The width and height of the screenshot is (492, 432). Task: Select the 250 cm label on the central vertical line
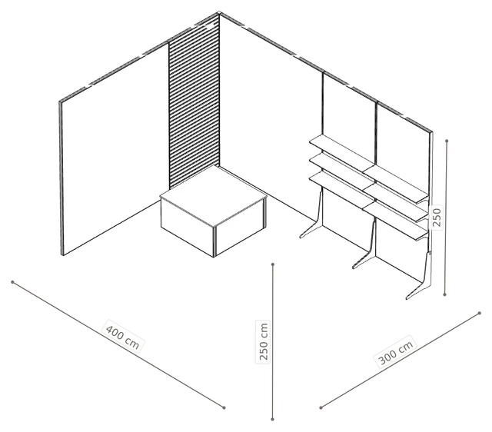point(264,341)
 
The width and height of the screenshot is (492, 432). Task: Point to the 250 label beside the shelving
point(436,217)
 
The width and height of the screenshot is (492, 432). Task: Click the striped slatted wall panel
point(194,104)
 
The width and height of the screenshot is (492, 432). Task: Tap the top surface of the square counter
point(214,195)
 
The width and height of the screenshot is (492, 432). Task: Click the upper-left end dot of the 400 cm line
point(12,282)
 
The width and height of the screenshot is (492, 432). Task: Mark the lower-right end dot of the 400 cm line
point(224,407)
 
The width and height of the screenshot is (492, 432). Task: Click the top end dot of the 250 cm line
point(273,264)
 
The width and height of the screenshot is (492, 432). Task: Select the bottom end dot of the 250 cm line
point(272,419)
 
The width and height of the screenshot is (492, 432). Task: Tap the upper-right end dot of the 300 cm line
point(480,313)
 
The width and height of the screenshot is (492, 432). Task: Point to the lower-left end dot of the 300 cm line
point(321,408)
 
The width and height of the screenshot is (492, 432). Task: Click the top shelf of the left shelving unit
point(342,150)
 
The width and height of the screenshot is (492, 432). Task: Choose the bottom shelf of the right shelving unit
point(396,221)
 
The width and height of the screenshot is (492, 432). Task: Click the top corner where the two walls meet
point(219,12)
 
